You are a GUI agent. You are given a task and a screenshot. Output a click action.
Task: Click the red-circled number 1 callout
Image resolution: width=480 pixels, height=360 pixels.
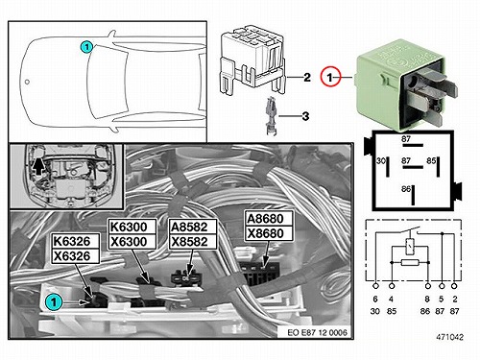(x=330, y=77)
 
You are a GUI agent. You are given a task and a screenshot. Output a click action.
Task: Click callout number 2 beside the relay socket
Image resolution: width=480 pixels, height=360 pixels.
(x=307, y=77)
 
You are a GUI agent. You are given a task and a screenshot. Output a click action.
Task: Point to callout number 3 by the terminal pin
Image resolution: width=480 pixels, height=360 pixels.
(x=305, y=116)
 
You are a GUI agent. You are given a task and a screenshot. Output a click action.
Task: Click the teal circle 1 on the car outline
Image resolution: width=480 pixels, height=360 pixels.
(x=86, y=47)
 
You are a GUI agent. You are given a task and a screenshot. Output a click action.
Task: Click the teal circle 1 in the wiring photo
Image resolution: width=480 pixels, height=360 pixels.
(x=54, y=302)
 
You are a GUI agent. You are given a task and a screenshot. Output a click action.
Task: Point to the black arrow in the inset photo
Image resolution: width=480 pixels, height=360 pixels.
(x=38, y=166)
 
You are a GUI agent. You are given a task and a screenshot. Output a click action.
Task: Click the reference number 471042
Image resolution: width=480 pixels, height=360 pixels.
(x=449, y=337)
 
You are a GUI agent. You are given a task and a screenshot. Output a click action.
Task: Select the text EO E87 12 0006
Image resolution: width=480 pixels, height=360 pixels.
(x=317, y=332)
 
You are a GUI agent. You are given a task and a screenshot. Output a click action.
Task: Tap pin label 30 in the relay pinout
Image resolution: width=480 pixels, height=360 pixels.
(x=381, y=160)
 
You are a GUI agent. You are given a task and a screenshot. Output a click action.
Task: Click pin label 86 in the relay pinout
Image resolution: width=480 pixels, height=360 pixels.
(x=406, y=189)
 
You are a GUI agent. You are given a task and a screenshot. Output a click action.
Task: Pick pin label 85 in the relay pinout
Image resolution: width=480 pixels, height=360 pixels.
(x=431, y=160)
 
